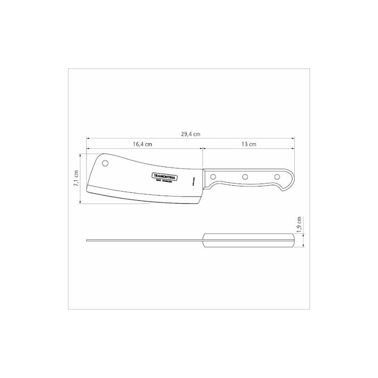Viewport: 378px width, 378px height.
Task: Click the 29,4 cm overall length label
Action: coord(190,134)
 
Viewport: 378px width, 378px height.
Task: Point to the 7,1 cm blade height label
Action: coord(76,178)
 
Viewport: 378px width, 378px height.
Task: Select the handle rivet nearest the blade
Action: coord(213,177)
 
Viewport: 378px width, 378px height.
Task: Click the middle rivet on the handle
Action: coord(245,177)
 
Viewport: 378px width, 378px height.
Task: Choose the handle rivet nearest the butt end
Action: coord(277,177)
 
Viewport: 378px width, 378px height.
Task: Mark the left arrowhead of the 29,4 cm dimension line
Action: coord(88,139)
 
